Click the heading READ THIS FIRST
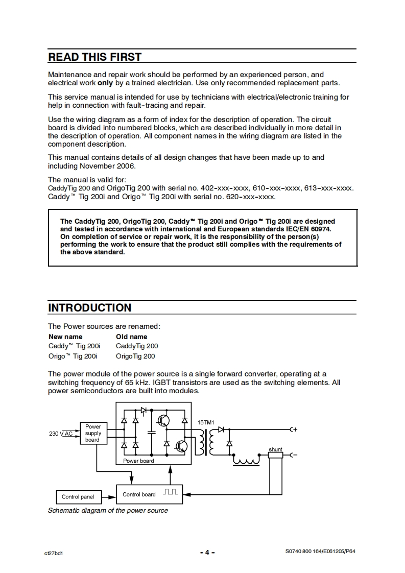[94, 57]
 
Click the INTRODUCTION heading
[89, 307]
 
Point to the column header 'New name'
[65, 337]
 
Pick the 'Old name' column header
[131, 337]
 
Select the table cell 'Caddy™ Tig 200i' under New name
[74, 346]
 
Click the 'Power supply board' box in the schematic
[92, 433]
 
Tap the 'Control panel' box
[78, 497]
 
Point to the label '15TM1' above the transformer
[206, 422]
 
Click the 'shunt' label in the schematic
[275, 449]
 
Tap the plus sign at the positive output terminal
[295, 429]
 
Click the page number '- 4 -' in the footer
[207, 552]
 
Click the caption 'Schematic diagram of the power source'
[108, 510]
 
